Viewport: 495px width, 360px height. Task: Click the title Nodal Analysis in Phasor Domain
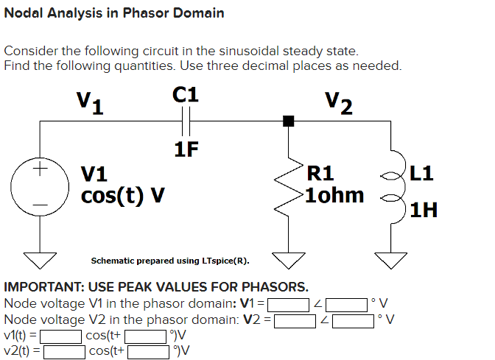114,13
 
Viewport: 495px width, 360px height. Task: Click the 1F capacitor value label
186,149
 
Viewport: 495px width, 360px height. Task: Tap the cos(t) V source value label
122,197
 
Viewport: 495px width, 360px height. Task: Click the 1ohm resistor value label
335,196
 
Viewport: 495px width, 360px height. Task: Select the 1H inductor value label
424,211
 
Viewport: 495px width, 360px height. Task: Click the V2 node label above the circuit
339,103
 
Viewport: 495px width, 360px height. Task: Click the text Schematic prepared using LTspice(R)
170,261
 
